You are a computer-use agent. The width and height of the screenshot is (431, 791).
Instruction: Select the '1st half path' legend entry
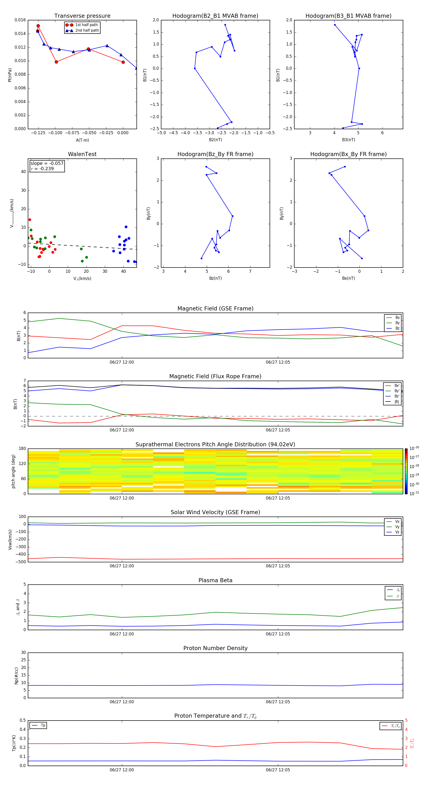[x=86, y=25]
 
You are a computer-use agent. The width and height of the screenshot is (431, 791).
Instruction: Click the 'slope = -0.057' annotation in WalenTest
[x=47, y=163]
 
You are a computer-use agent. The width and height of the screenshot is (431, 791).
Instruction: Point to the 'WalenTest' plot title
[x=82, y=154]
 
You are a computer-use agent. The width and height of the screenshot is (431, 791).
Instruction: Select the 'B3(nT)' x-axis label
[x=348, y=140]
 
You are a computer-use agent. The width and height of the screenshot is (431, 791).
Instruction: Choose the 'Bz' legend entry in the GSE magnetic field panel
[x=397, y=328]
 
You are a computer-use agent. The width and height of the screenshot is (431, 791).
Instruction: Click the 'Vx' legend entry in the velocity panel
[x=397, y=521]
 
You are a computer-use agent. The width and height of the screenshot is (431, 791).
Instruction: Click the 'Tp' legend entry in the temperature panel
[x=43, y=725]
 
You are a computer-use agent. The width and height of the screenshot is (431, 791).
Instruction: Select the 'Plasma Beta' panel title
[x=215, y=580]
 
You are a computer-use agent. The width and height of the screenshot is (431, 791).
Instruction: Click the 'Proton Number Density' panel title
[x=215, y=648]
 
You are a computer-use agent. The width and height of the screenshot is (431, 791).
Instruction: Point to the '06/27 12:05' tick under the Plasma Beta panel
[x=278, y=634]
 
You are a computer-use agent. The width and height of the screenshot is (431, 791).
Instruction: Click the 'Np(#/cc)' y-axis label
[x=17, y=675]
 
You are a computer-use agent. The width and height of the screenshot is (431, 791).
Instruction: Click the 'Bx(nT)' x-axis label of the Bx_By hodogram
[x=348, y=278]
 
